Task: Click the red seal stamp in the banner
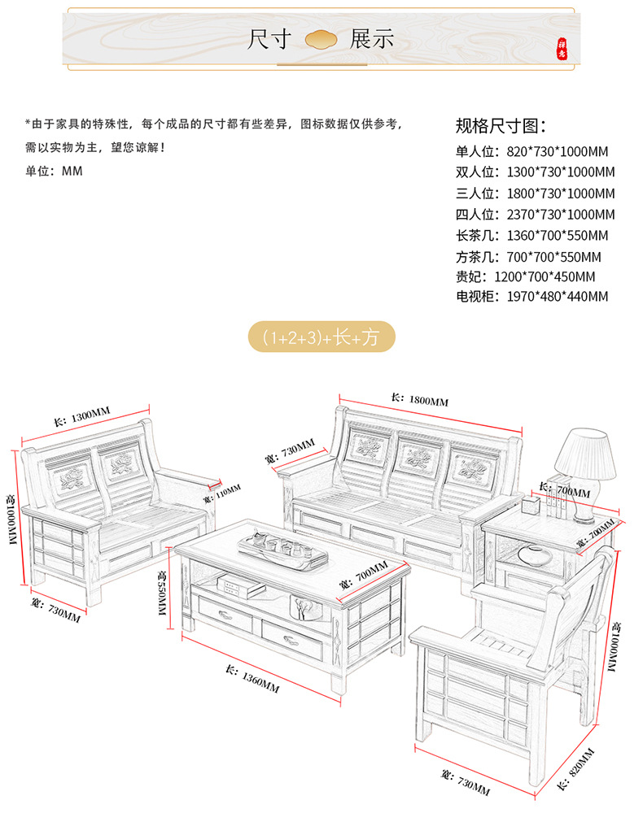tap(562, 48)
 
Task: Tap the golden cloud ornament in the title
tap(321, 39)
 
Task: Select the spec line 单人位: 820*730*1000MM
tap(532, 151)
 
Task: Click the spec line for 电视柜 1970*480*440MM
tap(532, 296)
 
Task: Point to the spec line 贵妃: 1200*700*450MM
tap(525, 276)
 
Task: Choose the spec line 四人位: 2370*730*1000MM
tap(535, 214)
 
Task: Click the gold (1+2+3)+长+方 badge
tap(321, 337)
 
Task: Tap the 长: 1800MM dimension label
tap(420, 399)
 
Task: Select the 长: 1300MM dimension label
tap(82, 416)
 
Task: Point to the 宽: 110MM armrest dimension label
tap(221, 493)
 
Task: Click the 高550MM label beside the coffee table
tap(162, 593)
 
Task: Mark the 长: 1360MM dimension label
tap(252, 679)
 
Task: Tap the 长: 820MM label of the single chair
tap(575, 769)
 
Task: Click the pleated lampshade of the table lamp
tap(585, 454)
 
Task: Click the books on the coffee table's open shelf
tap(241, 587)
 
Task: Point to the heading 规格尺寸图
tap(501, 125)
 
